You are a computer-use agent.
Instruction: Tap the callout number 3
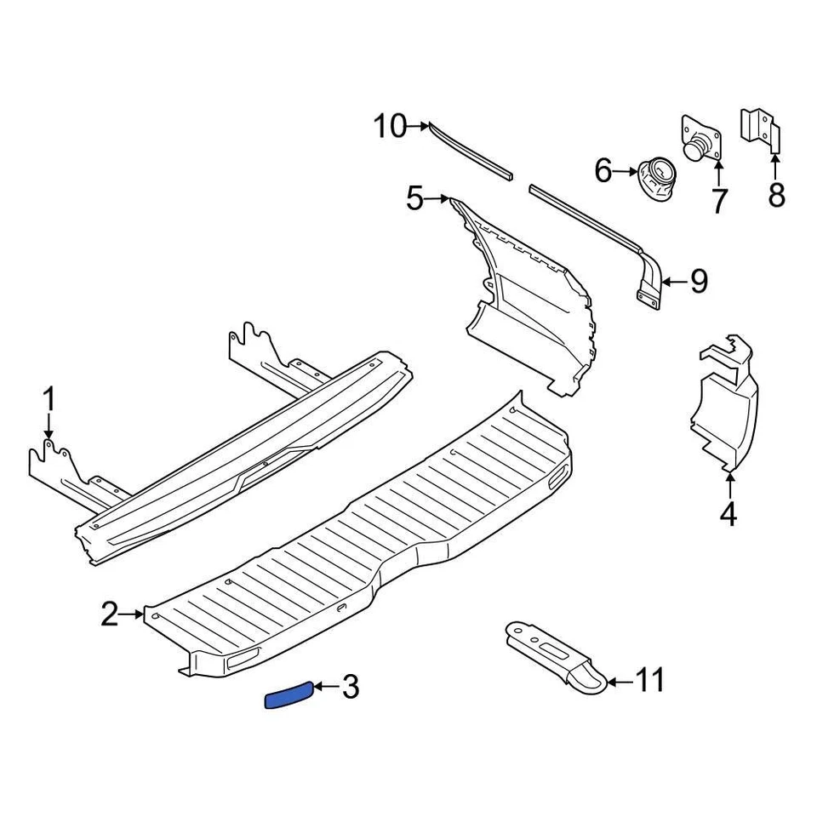350,687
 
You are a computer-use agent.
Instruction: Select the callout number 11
650,681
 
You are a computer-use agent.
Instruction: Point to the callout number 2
110,614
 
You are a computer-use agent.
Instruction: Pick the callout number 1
49,399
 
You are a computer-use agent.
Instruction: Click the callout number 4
729,515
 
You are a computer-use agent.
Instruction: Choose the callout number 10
391,127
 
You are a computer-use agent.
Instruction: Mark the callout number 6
603,171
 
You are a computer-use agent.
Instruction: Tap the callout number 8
776,196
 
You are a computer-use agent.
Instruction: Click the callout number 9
699,281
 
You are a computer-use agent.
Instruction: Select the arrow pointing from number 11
619,681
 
